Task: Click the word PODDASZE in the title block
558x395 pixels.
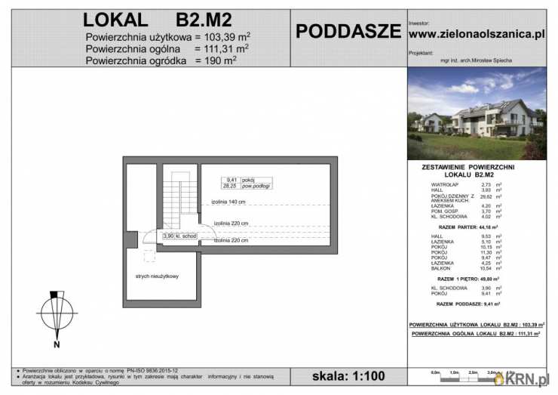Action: pyautogui.click(x=348, y=31)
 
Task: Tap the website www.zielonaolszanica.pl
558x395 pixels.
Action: pyautogui.click(x=476, y=34)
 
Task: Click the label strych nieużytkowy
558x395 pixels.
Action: pyautogui.click(x=157, y=276)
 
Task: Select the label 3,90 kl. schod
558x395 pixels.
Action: pyautogui.click(x=179, y=236)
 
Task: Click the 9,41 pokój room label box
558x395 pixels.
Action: pyautogui.click(x=246, y=182)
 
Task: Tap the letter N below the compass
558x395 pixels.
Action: pyautogui.click(x=57, y=345)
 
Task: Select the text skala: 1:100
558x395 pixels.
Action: pyautogui.click(x=348, y=375)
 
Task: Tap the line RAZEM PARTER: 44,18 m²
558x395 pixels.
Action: pyautogui.click(x=475, y=227)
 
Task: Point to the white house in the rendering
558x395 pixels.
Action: pyautogui.click(x=490, y=117)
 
